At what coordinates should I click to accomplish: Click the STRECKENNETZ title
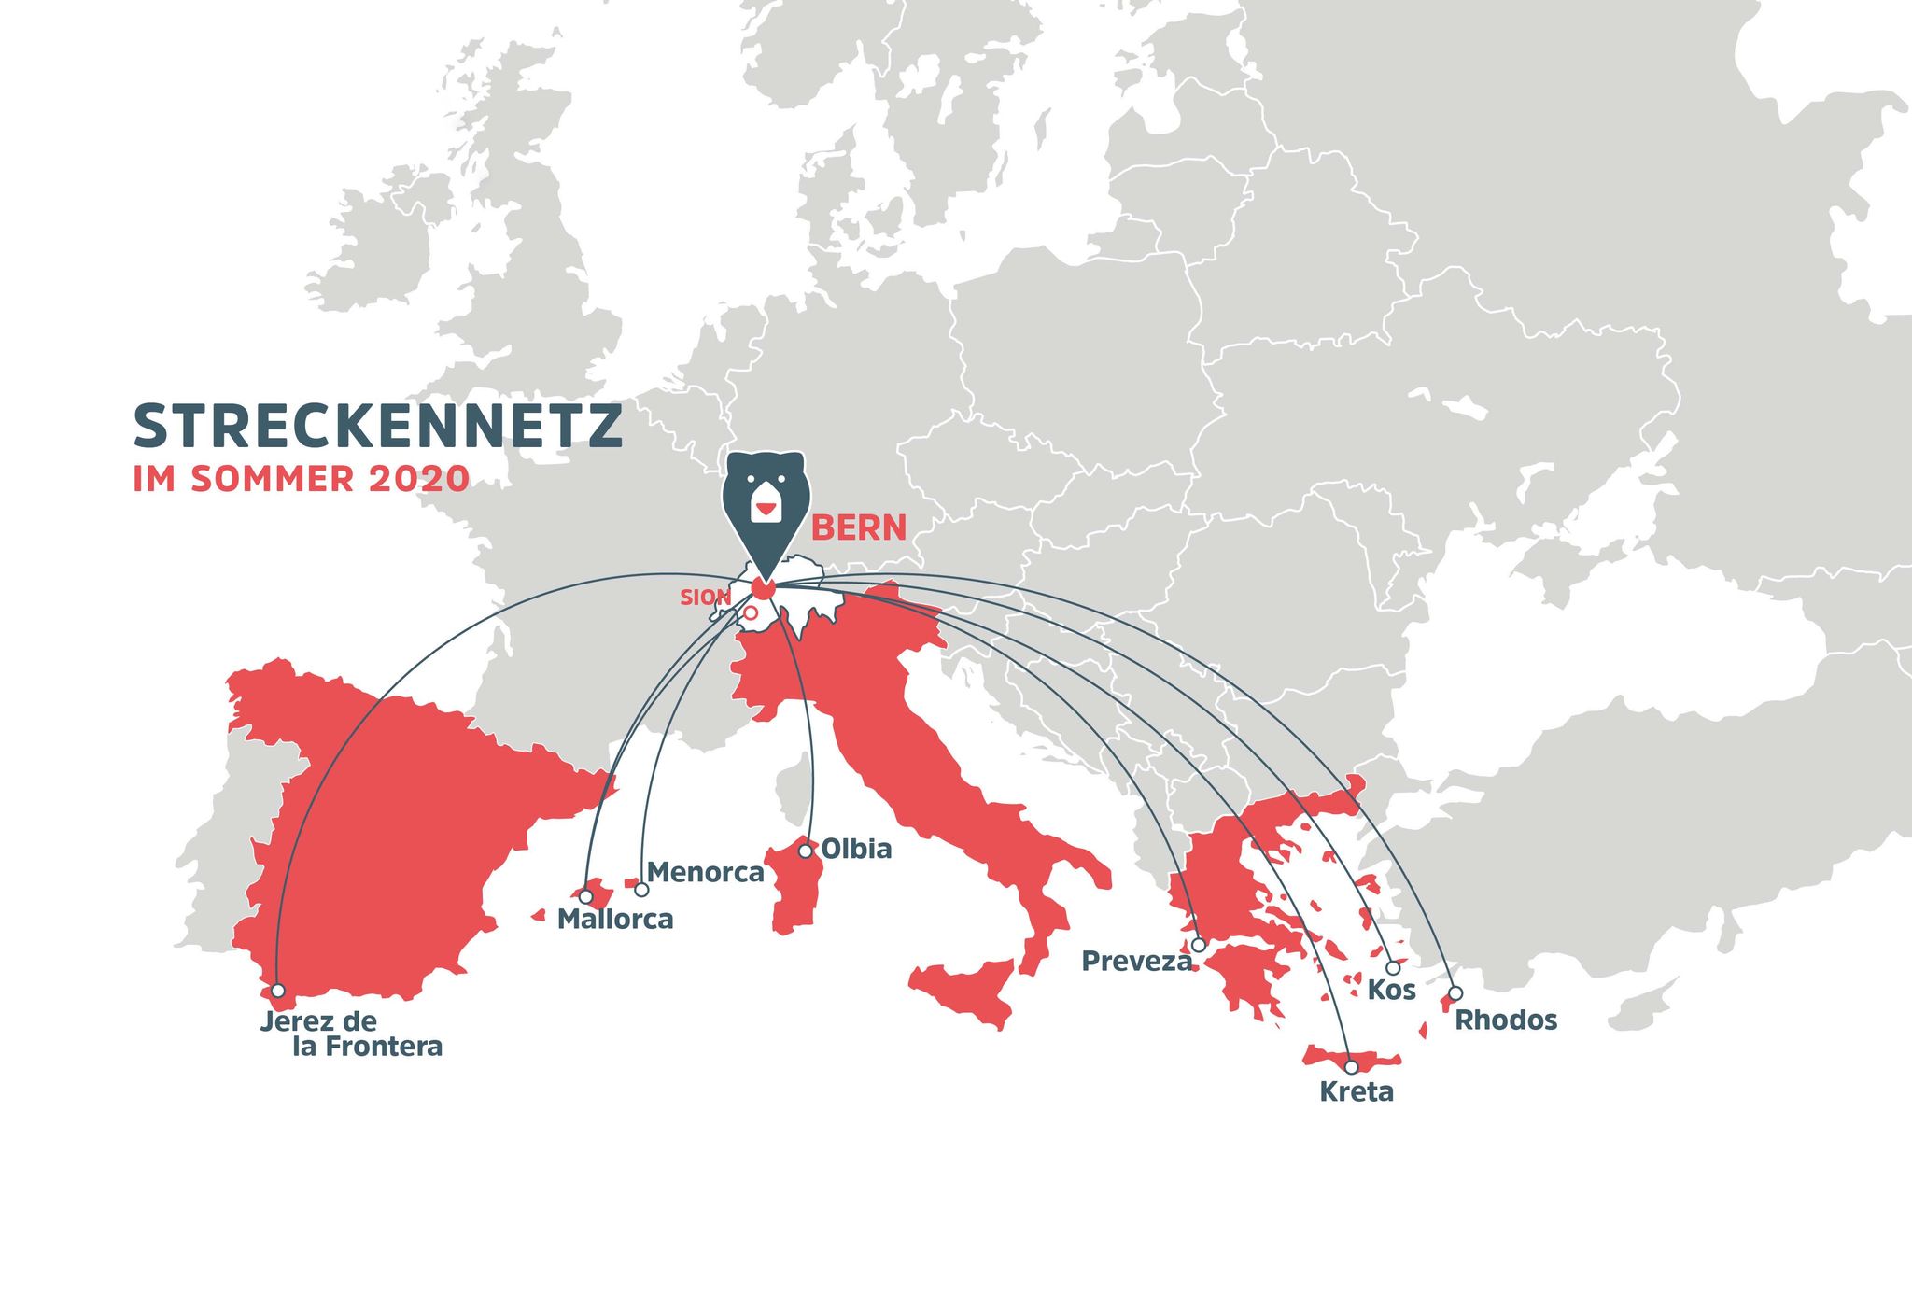377,427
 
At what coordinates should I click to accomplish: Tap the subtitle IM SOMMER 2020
301,479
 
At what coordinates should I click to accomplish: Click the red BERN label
858,528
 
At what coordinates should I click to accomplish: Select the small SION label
704,598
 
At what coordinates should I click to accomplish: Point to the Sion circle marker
750,612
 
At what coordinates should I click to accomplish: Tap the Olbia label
856,850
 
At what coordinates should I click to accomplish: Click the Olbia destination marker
806,851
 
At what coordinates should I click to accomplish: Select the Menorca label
705,873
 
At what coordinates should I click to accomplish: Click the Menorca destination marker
641,890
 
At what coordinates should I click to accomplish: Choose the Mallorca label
615,920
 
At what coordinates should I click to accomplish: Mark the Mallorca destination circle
585,896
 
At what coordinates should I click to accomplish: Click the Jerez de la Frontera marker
277,991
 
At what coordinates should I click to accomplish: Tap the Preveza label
1136,962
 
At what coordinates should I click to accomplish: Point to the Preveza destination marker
1199,945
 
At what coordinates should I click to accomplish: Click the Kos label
1391,991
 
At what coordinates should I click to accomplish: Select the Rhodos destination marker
1455,992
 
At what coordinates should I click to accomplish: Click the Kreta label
1356,1091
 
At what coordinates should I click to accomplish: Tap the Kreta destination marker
1351,1066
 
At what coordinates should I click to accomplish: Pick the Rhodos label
1506,1020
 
